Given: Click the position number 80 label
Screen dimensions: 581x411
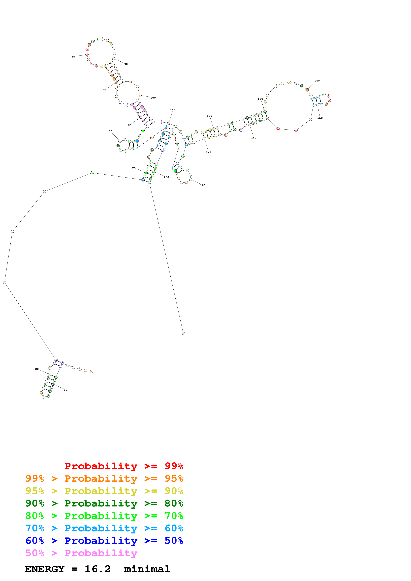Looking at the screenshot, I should [x=73, y=57].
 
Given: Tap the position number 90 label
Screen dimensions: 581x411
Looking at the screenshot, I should [x=126, y=64].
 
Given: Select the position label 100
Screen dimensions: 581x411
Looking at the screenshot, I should [x=153, y=98].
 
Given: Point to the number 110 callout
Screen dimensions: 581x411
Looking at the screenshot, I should [x=173, y=110].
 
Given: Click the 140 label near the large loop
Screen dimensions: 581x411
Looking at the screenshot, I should [x=317, y=81].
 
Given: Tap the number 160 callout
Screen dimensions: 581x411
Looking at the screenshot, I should [x=253, y=138].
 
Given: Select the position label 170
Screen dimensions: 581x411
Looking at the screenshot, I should [x=208, y=152].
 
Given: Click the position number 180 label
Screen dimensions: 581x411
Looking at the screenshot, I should [x=203, y=185].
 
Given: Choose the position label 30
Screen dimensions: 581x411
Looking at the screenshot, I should [x=133, y=167].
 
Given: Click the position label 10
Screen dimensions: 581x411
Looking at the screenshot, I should [x=65, y=390].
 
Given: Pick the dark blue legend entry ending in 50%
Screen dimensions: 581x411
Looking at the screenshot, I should [x=104, y=541].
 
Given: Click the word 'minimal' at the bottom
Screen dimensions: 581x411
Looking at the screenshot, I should [x=147, y=569].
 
